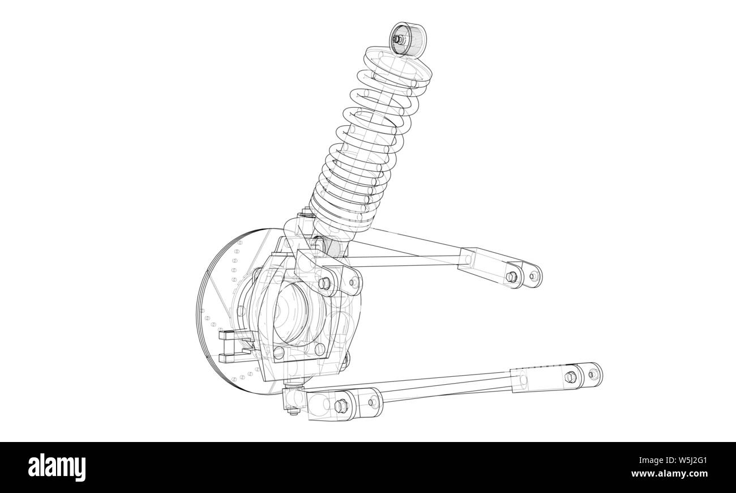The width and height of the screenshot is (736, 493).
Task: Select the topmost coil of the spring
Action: point(396,63)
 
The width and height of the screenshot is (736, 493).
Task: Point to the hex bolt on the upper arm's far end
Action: point(511,277)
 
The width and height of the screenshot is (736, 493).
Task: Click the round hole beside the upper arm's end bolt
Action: point(532,276)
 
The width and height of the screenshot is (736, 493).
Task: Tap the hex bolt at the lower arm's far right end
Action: point(570,376)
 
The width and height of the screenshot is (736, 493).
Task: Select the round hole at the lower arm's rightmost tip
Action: point(593,374)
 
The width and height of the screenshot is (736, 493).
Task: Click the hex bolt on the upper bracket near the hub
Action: point(324,283)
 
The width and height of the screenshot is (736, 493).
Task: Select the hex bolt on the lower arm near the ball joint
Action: point(340,406)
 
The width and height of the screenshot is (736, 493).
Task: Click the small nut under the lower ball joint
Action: point(293,411)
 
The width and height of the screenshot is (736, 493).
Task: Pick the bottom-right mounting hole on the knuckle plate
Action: point(320,348)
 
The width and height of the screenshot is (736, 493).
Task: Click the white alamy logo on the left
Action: point(57,467)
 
